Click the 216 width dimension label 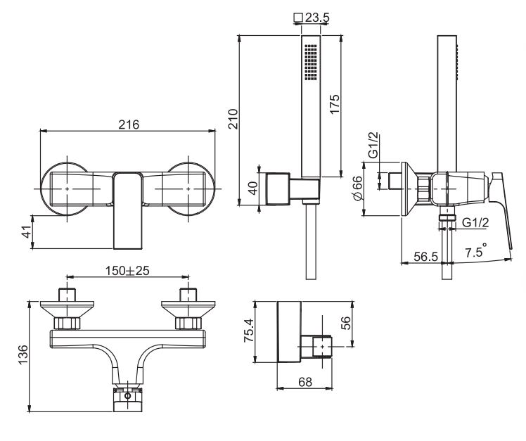(128, 124)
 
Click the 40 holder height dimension (255, 188)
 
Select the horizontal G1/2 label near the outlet (476, 224)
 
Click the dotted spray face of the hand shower (311, 63)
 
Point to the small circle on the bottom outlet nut (127, 396)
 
